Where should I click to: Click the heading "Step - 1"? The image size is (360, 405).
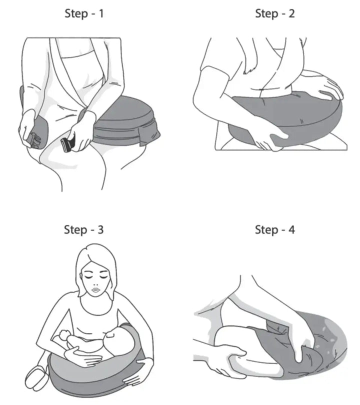tap(84, 13)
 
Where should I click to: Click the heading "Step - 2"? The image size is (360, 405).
tap(275, 13)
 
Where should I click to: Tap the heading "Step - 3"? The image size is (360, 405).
tap(83, 229)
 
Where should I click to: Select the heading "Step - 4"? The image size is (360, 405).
tap(275, 229)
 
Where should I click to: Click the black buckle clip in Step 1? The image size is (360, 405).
tap(67, 144)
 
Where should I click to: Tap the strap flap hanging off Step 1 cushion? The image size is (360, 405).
tap(149, 137)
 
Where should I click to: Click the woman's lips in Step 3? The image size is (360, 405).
tap(96, 290)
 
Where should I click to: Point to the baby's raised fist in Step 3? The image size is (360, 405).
tap(62, 336)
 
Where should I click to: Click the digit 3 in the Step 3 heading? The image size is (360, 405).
tap(100, 229)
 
